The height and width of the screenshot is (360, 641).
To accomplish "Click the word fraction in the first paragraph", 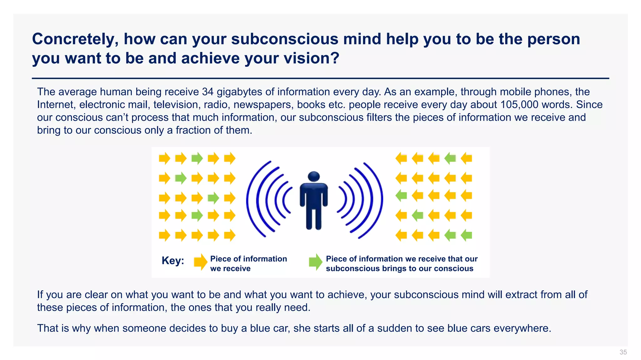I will [x=193, y=130].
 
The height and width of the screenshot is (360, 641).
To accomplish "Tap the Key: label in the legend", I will [x=173, y=261].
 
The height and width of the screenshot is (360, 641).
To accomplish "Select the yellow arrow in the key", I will [x=200, y=262].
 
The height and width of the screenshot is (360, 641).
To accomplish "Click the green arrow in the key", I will [x=315, y=262].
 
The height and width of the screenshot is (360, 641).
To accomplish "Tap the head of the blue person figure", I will [x=314, y=177].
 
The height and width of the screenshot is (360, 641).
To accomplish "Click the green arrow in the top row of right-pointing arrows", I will [x=197, y=158].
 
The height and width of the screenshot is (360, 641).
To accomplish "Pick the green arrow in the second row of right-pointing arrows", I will [x=181, y=178].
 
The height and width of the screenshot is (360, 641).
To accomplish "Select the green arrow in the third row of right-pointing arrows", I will [x=213, y=198].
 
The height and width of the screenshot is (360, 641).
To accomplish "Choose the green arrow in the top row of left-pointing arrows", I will [x=450, y=158].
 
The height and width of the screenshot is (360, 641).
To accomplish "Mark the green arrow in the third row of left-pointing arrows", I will [x=401, y=196].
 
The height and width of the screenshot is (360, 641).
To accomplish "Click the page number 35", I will [x=623, y=352].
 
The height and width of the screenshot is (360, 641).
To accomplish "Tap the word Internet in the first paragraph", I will [x=55, y=105].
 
